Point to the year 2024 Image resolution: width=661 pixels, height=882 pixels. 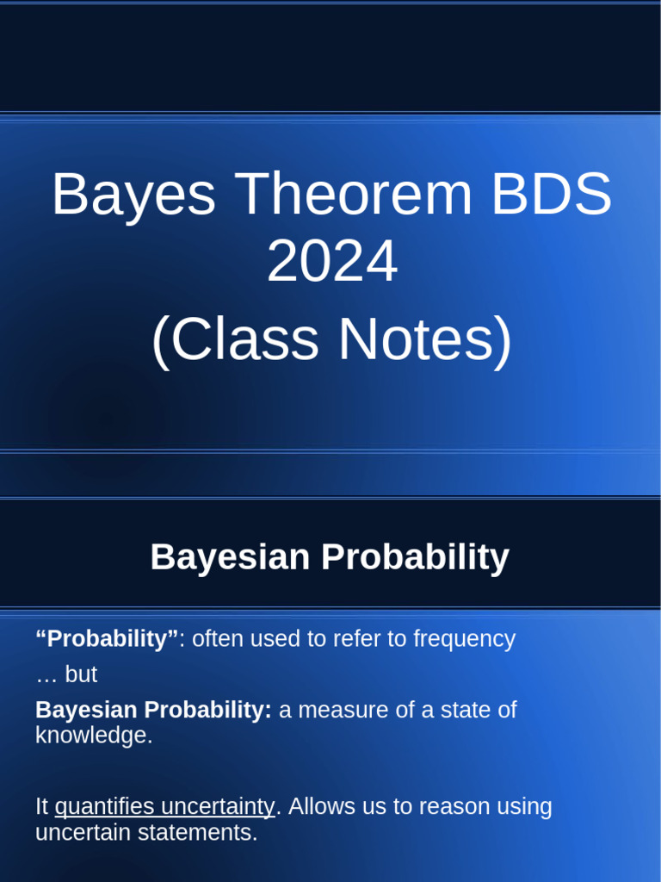pyautogui.click(x=331, y=263)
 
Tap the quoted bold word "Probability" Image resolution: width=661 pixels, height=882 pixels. pyautogui.click(x=107, y=639)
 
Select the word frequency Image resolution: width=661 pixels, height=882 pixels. pyautogui.click(x=464, y=639)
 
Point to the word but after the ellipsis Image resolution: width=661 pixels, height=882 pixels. pyautogui.click(x=81, y=674)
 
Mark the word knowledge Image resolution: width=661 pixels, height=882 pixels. pyautogui.click(x=93, y=736)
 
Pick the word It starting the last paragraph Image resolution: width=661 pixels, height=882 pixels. pyautogui.click(x=41, y=807)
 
